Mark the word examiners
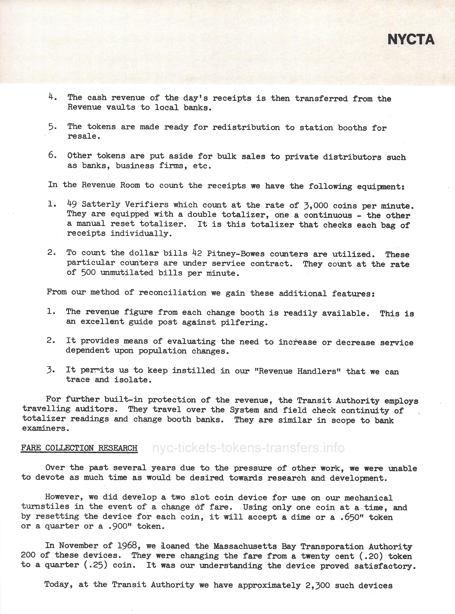pos(45,428)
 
